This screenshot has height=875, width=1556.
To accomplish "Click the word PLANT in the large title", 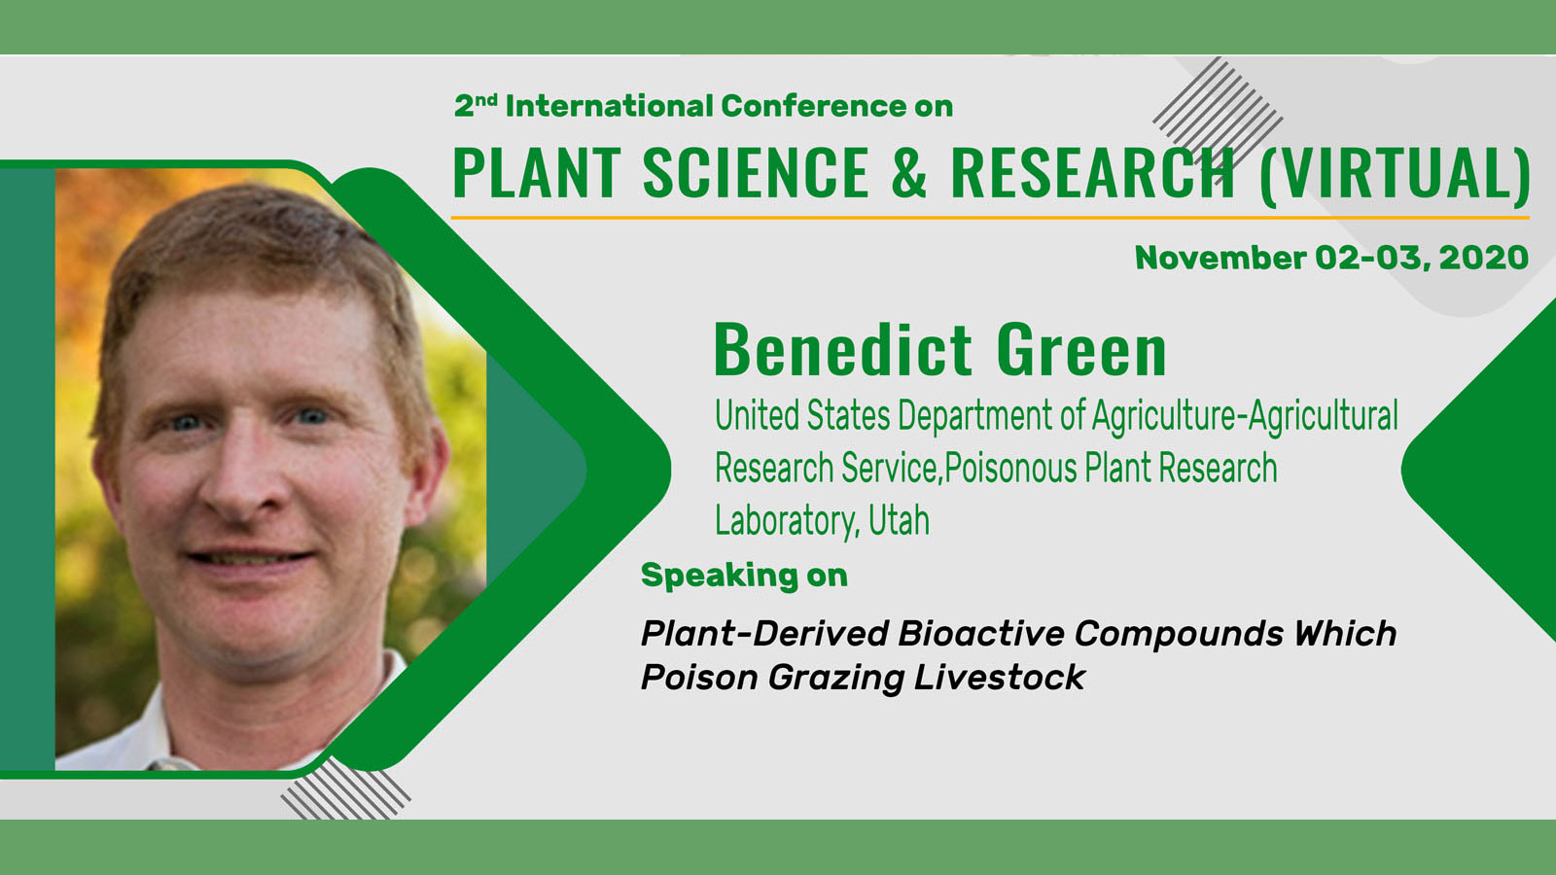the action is [536, 173].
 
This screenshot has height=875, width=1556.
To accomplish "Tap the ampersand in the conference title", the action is [908, 173].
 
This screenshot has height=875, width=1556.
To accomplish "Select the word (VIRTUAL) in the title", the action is [1395, 175].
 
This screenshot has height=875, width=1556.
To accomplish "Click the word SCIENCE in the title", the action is [756, 173].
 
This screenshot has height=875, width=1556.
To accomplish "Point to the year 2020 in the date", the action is [1484, 258].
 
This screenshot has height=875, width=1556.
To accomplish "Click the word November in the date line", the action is [1220, 258].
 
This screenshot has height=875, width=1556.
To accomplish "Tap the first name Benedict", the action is [842, 350].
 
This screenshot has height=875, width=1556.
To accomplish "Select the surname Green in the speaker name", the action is [1080, 350].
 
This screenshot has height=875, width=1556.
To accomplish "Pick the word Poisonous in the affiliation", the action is [1010, 468].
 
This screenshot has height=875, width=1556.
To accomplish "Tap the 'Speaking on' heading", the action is [744, 576].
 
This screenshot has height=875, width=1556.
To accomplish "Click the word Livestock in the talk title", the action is [999, 677].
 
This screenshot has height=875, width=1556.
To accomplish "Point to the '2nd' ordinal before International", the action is [476, 106].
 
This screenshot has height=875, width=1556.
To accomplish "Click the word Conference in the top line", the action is [813, 106].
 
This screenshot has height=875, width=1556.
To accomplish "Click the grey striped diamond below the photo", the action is [345, 788].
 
